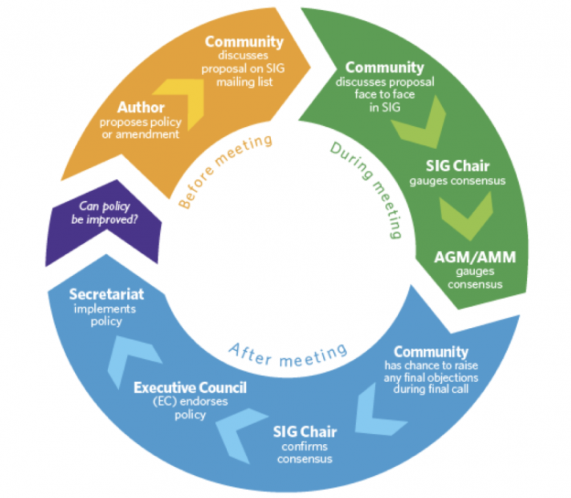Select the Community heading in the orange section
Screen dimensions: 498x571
(243, 42)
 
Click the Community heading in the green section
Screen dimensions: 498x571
(384, 68)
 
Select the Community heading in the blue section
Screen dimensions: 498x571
(430, 352)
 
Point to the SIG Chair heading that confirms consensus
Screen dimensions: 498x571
(308, 431)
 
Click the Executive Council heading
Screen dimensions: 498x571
(190, 388)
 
